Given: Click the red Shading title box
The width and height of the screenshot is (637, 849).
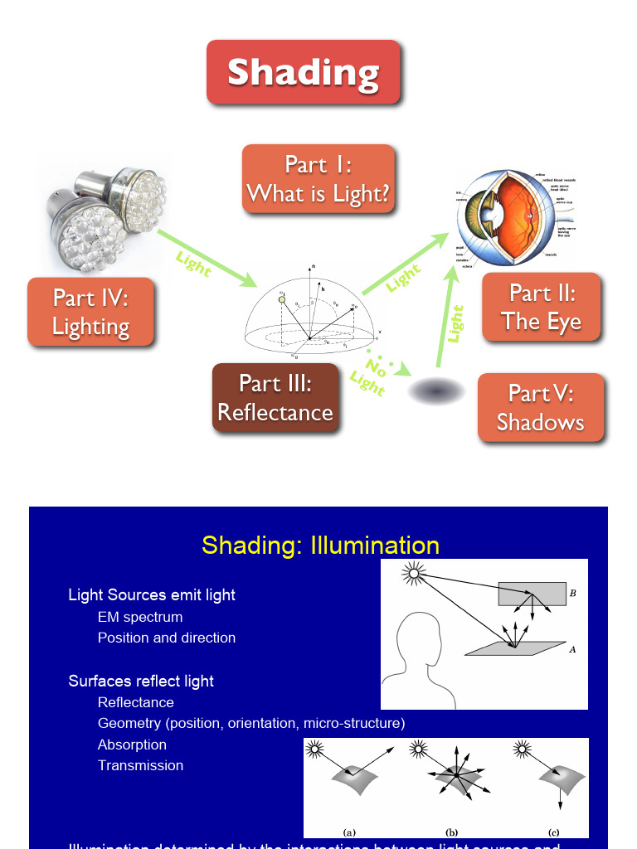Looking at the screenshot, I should click(304, 72).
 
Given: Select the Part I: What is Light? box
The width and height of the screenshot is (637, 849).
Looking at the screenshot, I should click(318, 179).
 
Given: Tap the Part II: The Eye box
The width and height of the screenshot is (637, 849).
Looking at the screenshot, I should click(541, 307).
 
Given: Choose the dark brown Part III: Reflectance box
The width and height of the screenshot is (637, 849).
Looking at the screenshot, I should click(275, 398).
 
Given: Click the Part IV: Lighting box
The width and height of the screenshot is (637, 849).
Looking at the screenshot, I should click(90, 312).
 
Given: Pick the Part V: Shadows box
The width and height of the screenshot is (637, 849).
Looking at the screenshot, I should click(541, 408).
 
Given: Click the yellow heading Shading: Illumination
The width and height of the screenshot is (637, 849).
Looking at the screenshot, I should click(320, 546).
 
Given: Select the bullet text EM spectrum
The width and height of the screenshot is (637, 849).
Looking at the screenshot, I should click(140, 617).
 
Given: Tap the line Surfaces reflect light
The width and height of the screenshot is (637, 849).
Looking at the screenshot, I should click(141, 681).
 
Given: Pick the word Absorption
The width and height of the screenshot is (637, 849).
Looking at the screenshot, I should click(132, 745).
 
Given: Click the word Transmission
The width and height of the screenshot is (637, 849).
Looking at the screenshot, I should click(140, 765).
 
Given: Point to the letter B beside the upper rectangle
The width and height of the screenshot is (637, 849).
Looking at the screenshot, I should click(573, 594).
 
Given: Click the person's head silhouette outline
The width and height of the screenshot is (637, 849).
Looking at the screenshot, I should click(423, 655).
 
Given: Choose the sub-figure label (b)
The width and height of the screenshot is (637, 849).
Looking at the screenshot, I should click(452, 832).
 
